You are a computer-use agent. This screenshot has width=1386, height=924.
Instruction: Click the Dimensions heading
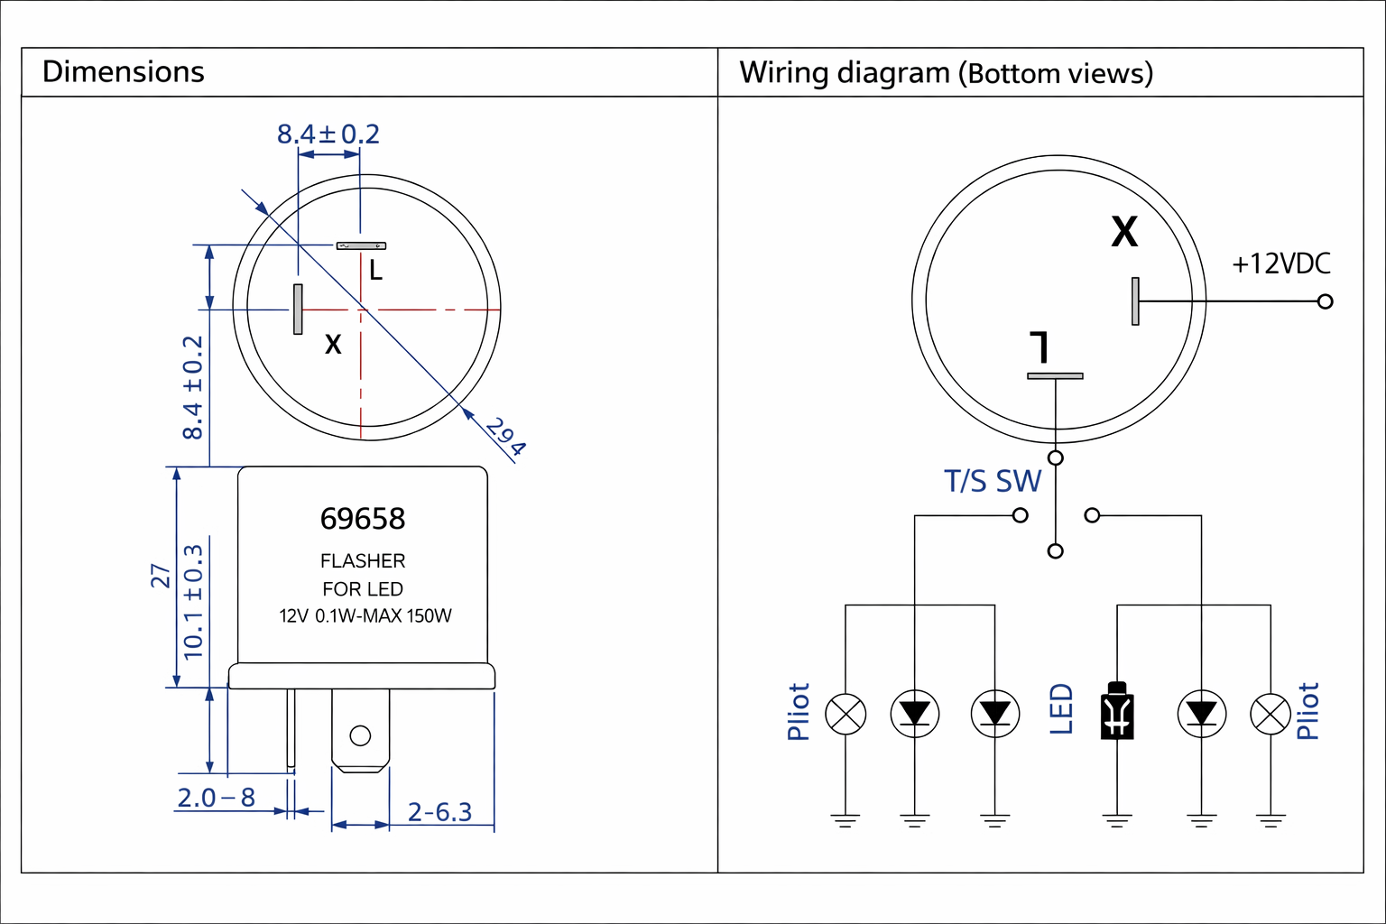[124, 72]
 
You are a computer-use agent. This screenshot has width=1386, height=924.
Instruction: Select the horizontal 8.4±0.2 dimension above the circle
[328, 134]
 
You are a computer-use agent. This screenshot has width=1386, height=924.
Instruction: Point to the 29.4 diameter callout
[505, 437]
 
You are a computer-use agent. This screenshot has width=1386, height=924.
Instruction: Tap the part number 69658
[363, 519]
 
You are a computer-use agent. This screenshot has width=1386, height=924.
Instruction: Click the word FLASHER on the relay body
[363, 560]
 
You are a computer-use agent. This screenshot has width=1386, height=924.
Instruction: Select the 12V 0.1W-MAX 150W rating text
[365, 616]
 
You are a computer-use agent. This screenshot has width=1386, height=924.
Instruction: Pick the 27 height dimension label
[161, 576]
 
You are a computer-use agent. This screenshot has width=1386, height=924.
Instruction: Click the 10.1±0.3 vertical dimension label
[193, 601]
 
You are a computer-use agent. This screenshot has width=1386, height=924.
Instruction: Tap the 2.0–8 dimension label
[217, 798]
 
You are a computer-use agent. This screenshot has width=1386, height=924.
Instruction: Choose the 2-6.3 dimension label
[439, 812]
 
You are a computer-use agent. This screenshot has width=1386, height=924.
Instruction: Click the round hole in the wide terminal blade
[360, 735]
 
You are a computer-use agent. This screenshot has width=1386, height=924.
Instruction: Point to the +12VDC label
[1281, 263]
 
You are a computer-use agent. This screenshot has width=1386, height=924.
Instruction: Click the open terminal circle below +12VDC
[1325, 301]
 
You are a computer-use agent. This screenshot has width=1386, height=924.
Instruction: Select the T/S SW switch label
[993, 482]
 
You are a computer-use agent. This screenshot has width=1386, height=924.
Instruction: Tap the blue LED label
[1061, 709]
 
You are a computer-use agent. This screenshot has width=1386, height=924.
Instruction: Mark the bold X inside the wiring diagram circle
[1124, 232]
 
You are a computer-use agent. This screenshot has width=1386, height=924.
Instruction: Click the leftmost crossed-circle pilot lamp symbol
[845, 715]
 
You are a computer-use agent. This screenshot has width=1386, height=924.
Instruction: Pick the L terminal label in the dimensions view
[375, 270]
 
